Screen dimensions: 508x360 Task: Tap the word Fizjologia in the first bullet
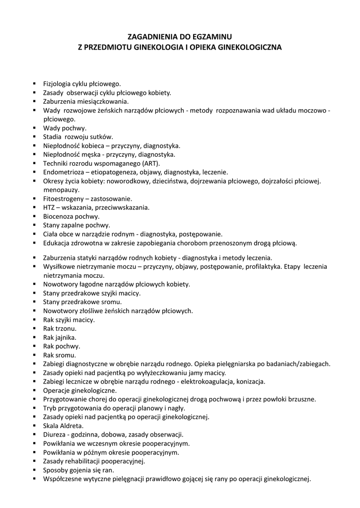[57, 84]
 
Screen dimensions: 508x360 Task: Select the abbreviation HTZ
[50, 207]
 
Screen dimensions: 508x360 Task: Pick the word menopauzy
[62, 190]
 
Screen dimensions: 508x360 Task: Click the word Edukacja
[57, 243]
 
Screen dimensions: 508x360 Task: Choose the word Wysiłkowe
[60, 266]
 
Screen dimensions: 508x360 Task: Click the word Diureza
[55, 435]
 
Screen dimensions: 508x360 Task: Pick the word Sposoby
[56, 470]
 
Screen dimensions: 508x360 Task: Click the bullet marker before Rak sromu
[34, 355]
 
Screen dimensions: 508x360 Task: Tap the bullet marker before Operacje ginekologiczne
[34, 390]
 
